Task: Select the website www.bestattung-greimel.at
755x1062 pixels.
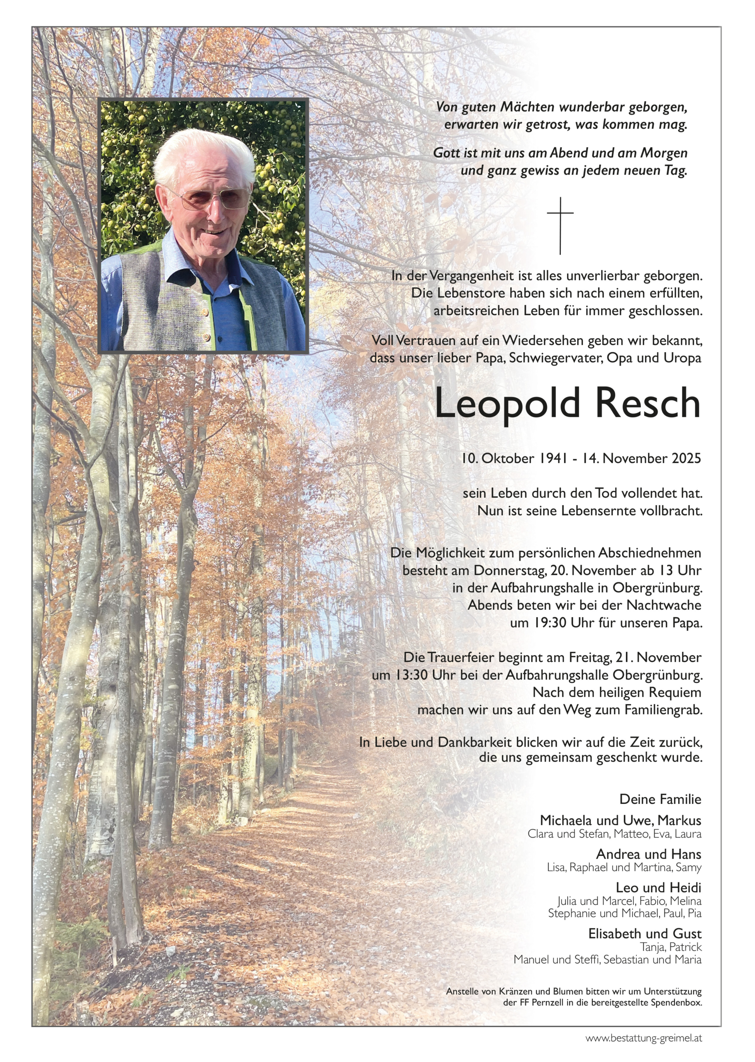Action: coord(643,1038)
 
